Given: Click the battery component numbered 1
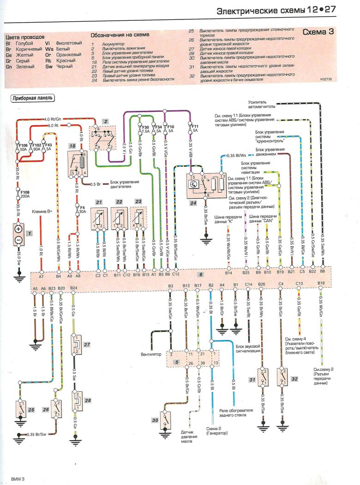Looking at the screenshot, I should [x=18, y=234].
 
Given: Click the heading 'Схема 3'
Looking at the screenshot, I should [x=318, y=32].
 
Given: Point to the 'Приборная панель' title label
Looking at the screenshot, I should [x=32, y=97].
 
